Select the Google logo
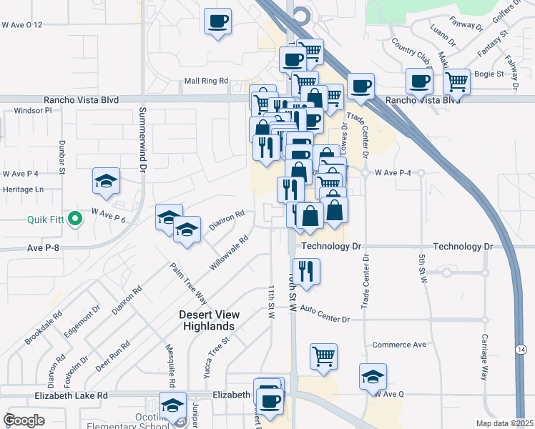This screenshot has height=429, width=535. pyautogui.click(x=23, y=420)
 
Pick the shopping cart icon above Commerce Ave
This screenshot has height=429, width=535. pyautogui.click(x=323, y=355)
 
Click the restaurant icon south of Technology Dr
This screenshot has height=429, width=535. pyautogui.click(x=306, y=271)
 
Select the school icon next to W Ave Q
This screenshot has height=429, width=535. pyautogui.click(x=373, y=376)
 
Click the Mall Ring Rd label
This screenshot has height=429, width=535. pyautogui.click(x=206, y=82)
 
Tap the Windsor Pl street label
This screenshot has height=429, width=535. pyautogui.click(x=34, y=112)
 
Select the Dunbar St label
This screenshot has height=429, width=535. pyautogui.click(x=62, y=157)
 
